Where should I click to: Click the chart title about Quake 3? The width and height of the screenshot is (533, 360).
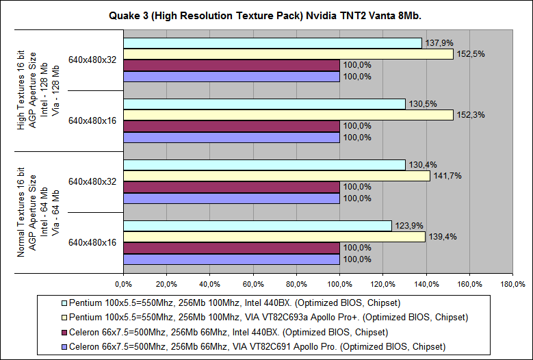click(266, 15)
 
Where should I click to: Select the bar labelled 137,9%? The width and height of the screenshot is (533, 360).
click(272, 43)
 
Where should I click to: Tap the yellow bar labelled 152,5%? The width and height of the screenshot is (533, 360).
click(288, 54)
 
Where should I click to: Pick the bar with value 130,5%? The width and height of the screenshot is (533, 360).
click(264, 104)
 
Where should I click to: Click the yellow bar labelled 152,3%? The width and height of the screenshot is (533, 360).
click(288, 115)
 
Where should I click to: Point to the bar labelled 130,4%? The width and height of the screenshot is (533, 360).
click(264, 165)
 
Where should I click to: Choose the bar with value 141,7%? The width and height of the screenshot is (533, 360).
click(276, 176)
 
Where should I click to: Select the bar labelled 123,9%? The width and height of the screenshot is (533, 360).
click(257, 226)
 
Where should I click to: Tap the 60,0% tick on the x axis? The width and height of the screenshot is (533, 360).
click(253, 283)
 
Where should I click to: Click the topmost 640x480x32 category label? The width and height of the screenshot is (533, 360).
click(92, 60)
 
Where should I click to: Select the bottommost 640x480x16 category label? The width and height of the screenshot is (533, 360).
click(92, 242)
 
